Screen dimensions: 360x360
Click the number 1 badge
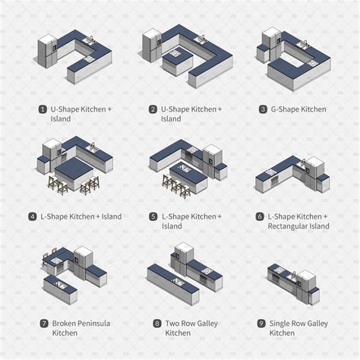43,109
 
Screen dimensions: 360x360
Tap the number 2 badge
153,109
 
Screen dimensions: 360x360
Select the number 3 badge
264,109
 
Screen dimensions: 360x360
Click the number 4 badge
32,216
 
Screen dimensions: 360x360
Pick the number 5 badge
153,216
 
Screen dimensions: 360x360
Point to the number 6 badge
260,216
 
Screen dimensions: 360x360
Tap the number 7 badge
44,324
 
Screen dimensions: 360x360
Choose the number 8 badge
157,324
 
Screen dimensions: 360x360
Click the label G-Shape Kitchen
298,109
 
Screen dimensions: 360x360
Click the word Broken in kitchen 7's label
65,324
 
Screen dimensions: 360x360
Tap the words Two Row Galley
191,324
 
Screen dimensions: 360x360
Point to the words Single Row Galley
298,324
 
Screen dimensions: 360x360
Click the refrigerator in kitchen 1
47,52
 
